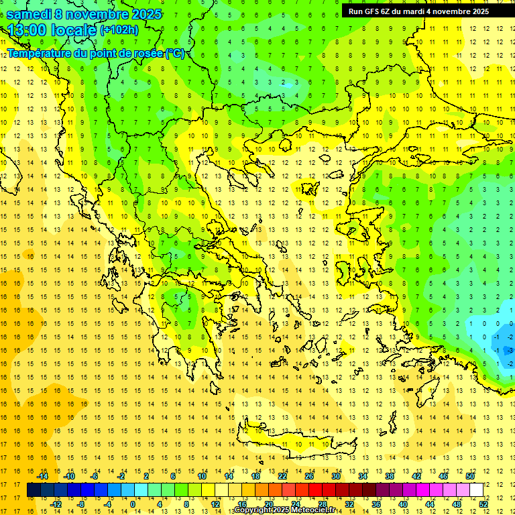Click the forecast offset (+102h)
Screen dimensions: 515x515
click(119, 30)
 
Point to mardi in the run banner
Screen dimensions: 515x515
click(421, 11)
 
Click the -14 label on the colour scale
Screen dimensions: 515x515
click(44, 476)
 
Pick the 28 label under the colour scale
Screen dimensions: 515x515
click(323, 504)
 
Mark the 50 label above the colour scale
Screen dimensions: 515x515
click(469, 476)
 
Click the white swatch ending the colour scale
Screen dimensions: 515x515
click(476, 490)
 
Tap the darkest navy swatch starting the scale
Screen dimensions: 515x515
click(34, 490)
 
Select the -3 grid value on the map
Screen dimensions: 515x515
click(510, 350)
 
